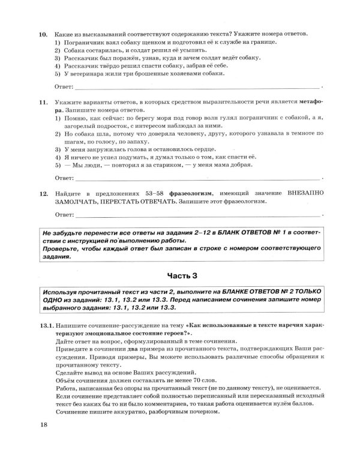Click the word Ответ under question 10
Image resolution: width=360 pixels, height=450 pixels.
tap(64, 88)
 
